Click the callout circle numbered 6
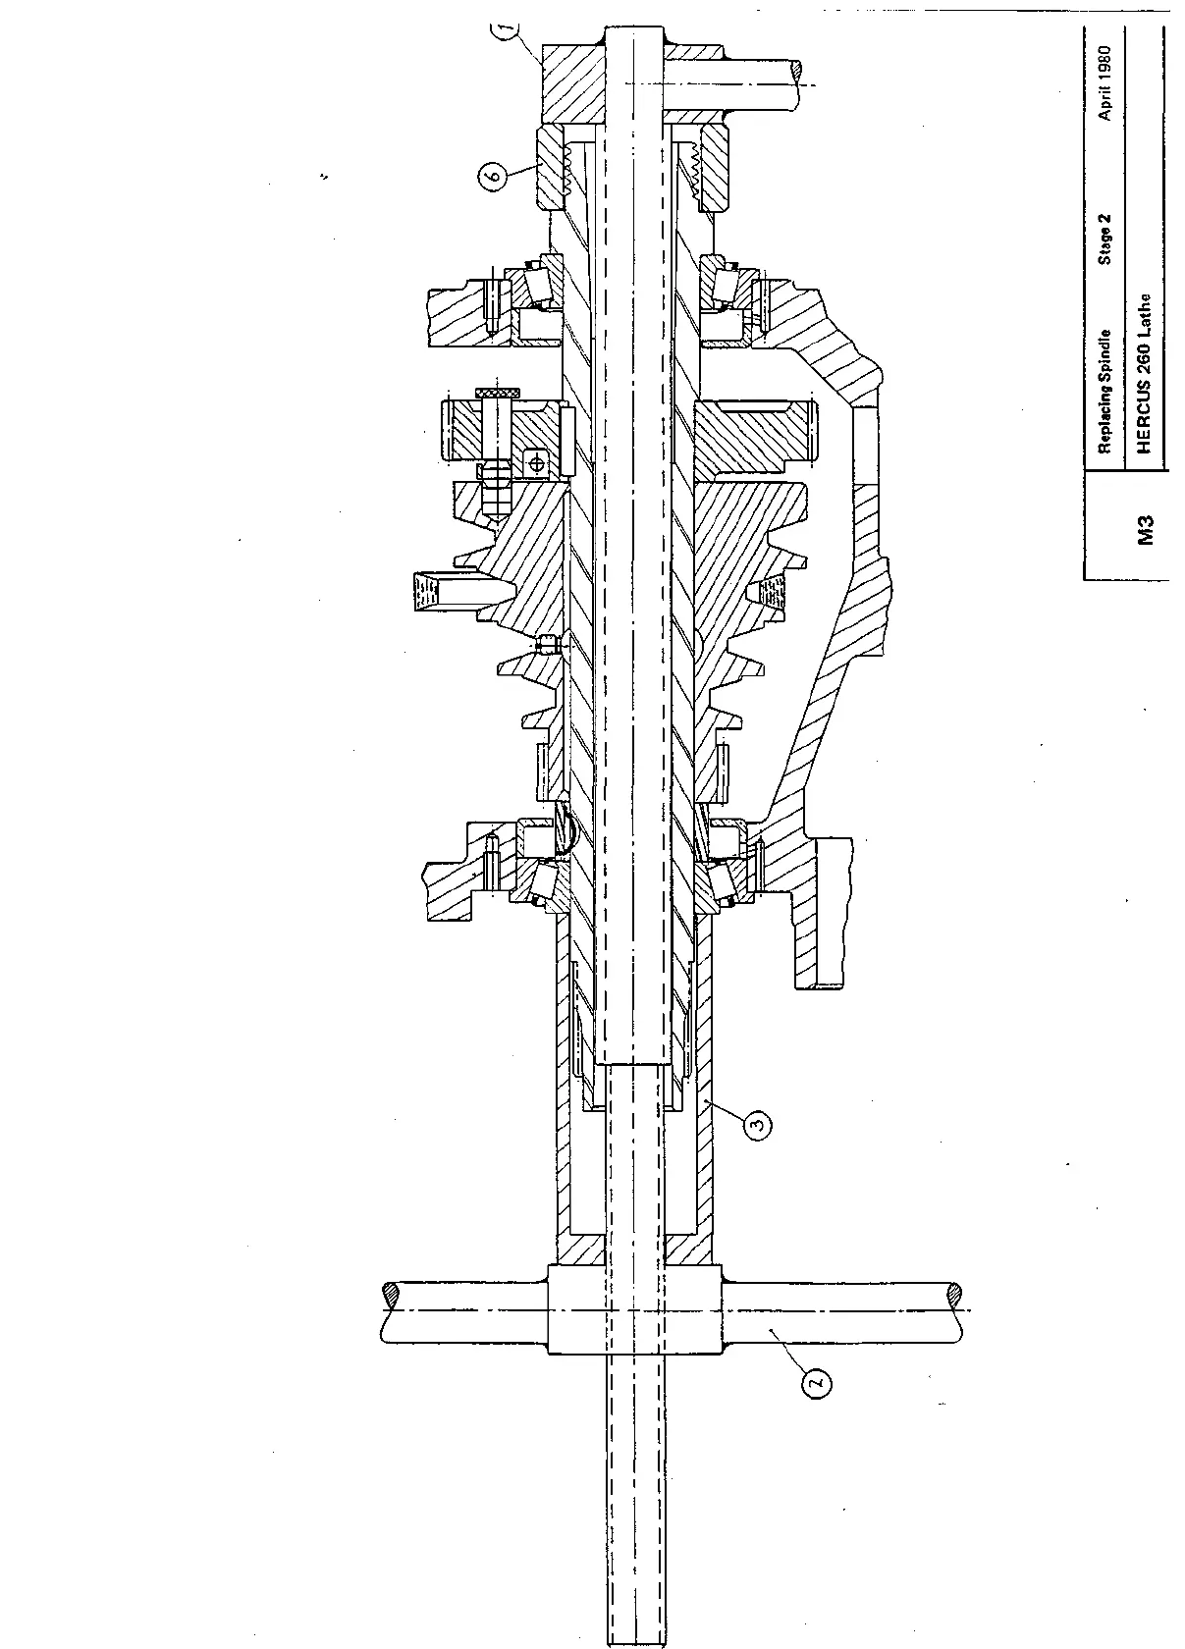494,177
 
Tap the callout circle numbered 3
756,1126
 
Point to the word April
1106,104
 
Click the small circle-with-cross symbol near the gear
535,460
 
